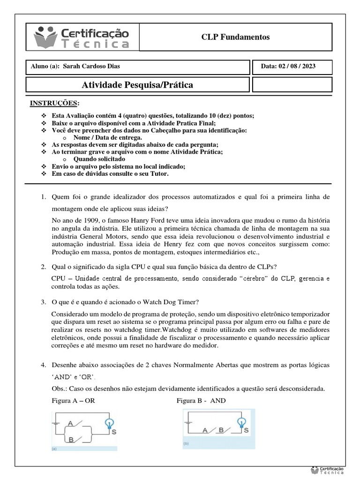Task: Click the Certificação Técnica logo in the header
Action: [x=82, y=37]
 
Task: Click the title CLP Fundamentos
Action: [x=235, y=37]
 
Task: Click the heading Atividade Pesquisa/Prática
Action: [x=137, y=85]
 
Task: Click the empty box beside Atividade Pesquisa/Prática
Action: [x=292, y=85]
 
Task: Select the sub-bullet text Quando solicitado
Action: [x=99, y=159]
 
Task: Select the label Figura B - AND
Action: [x=201, y=400]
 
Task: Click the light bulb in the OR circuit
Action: [x=109, y=423]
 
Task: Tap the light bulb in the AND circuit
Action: [x=242, y=422]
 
